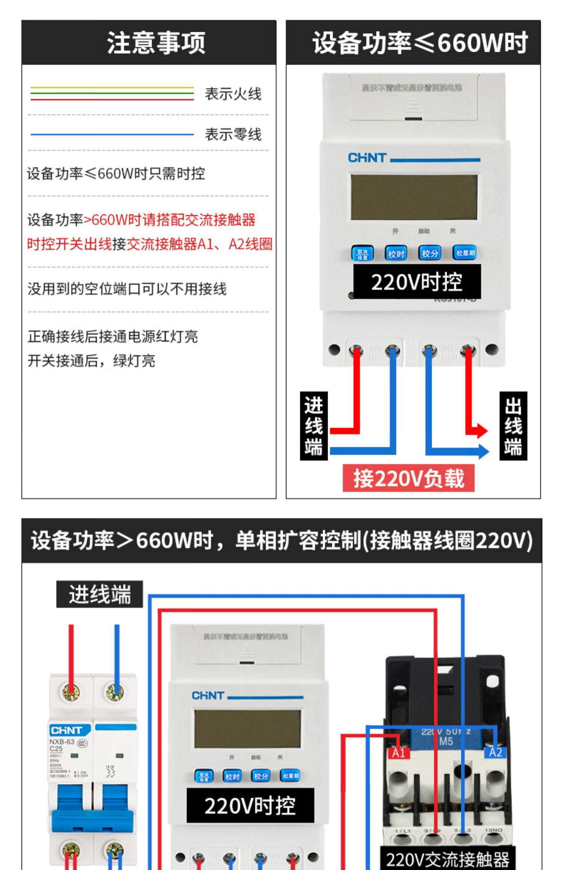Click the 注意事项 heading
(x=156, y=43)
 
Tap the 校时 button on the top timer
(x=396, y=253)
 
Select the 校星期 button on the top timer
(x=465, y=253)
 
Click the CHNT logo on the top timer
(x=367, y=158)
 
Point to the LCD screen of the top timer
(x=414, y=197)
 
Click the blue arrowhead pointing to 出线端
(x=484, y=451)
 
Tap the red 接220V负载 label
(x=408, y=478)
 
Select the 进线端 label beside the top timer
(x=314, y=426)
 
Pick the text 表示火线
(x=233, y=94)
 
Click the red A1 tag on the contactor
(x=398, y=753)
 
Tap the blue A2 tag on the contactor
(x=495, y=752)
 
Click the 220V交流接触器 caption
(x=447, y=859)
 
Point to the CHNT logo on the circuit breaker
(x=66, y=730)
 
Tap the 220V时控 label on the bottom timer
(x=250, y=805)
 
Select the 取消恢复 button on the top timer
(x=362, y=253)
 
